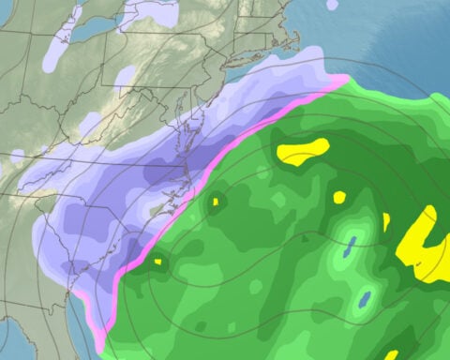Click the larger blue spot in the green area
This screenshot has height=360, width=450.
pos(364,300)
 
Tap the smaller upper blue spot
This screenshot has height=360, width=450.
pos(351,246)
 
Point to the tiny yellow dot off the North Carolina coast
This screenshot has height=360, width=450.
pos(216,202)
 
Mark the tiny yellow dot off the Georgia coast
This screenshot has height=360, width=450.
pos(157,262)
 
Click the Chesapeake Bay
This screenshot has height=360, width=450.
pos(191,131)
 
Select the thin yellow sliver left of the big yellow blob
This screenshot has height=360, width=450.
pos(385,222)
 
